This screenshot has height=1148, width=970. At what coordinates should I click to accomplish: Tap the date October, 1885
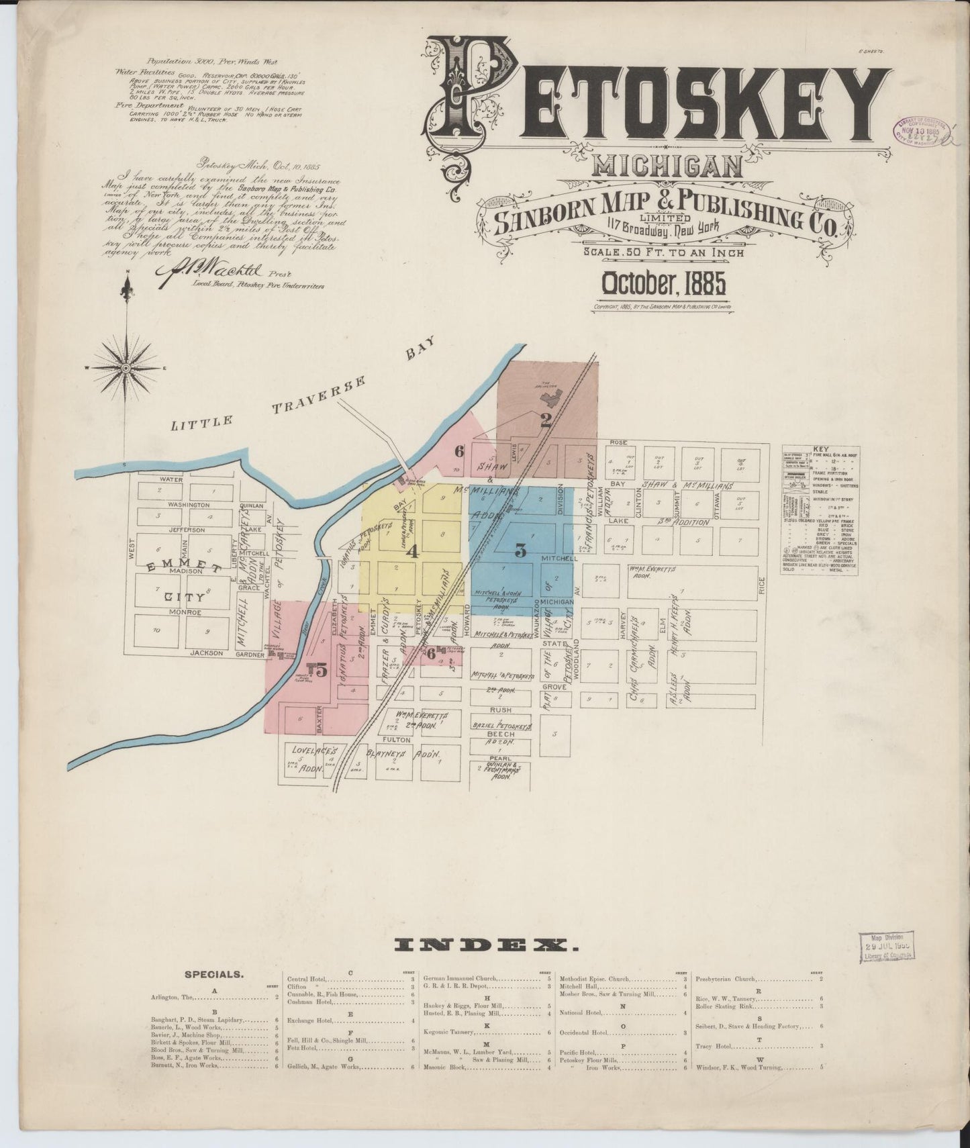(657, 285)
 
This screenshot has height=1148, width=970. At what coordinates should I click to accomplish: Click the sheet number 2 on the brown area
(546, 421)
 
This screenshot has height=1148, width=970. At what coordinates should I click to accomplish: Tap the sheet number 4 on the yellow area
(412, 552)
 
